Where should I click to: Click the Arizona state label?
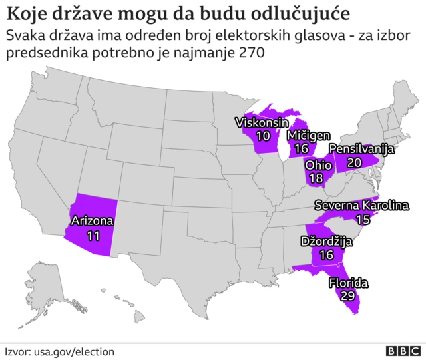click(93, 221)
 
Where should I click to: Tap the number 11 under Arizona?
click(93, 235)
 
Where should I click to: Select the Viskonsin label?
click(262, 122)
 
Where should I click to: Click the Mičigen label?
click(308, 135)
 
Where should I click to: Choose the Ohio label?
click(319, 164)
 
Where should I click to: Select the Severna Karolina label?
click(361, 206)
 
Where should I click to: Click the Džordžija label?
click(326, 240)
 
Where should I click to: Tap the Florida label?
click(348, 283)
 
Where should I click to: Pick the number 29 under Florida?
click(347, 297)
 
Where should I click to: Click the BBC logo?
click(403, 351)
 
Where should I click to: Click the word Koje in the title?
click(24, 13)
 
